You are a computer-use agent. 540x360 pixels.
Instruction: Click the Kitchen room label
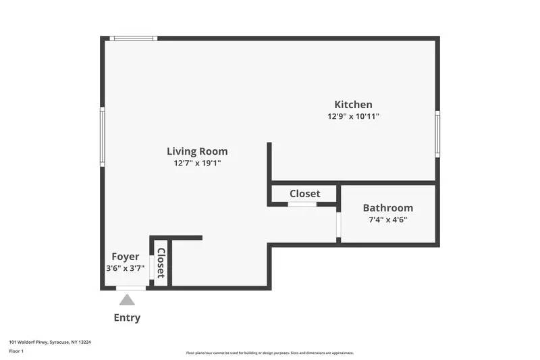(353, 105)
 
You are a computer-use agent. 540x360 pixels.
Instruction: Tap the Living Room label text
(197, 151)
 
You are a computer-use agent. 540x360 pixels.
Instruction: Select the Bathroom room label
(387, 208)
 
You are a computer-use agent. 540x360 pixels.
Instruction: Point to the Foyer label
(125, 257)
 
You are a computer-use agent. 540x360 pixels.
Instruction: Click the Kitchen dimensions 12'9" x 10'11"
(353, 116)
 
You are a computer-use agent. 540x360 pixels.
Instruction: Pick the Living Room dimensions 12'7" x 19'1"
(197, 163)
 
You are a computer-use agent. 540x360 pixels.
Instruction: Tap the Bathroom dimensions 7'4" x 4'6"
(387, 220)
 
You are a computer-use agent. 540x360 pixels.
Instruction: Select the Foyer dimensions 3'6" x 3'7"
(125, 268)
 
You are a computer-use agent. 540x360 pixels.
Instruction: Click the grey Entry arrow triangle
(127, 299)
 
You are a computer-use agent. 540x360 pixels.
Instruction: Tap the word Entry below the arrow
(127, 317)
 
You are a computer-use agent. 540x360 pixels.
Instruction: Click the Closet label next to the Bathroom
(304, 194)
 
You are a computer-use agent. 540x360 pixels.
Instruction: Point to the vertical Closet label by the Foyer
(161, 263)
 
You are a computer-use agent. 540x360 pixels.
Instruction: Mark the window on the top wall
(134, 38)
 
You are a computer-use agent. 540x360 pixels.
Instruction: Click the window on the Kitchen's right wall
(437, 133)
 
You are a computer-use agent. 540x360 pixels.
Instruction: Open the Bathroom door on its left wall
(337, 226)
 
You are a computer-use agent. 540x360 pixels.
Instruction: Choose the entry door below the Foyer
(131, 288)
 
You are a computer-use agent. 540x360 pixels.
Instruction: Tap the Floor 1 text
(16, 351)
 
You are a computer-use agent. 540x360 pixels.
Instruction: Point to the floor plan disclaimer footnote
(269, 353)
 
